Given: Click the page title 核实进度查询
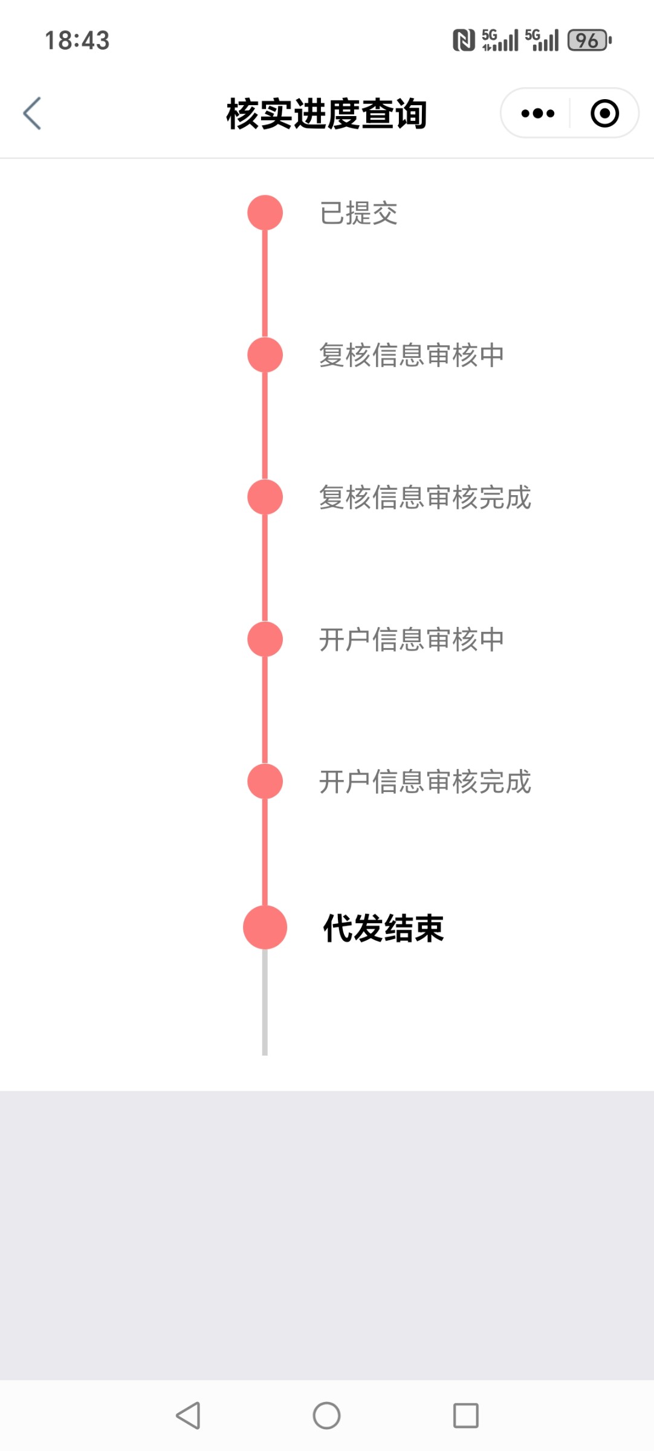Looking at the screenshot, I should (326, 114).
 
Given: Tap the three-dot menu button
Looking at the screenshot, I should (537, 113).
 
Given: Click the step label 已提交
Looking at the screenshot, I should (358, 213).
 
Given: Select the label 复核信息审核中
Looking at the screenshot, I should (411, 355).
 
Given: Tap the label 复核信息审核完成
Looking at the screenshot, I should (425, 497).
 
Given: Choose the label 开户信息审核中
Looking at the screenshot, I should (411, 639).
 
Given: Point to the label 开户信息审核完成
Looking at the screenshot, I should (425, 781).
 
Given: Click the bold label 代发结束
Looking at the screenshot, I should (383, 928).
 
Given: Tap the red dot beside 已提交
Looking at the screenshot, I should (265, 213).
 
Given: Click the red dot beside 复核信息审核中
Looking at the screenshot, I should (265, 355).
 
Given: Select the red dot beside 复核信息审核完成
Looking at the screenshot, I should (265, 497).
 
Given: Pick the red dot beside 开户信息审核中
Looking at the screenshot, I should (265, 639).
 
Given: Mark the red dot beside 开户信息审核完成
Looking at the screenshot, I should (265, 781).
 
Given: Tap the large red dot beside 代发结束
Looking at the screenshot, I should (265, 927).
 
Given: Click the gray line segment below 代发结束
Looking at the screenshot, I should (265, 1004).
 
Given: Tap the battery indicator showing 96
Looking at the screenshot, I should (589, 41).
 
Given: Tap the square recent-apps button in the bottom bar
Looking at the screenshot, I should (465, 1415).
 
